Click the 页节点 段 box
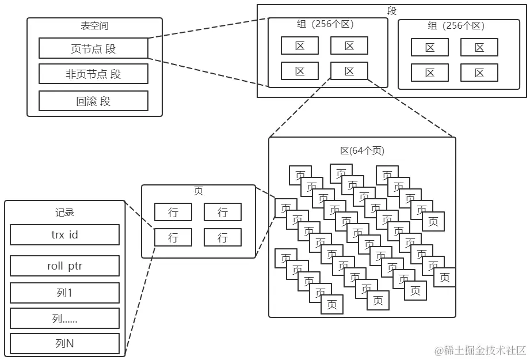(x=93, y=48)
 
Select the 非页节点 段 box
(x=93, y=74)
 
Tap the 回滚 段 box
(x=93, y=101)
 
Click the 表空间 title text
(x=94, y=26)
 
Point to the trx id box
(x=64, y=234)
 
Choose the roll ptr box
(x=64, y=266)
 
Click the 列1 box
(x=64, y=293)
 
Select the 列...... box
(x=64, y=319)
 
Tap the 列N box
(x=64, y=344)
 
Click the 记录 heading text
(x=64, y=213)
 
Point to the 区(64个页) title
(x=362, y=151)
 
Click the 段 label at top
(x=392, y=11)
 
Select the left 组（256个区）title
(x=325, y=25)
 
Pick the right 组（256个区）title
(x=456, y=26)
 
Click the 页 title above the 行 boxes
(x=198, y=192)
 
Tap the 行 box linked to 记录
(x=173, y=237)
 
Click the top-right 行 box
(x=223, y=212)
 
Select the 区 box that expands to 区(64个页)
(x=349, y=71)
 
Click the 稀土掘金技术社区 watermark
(x=481, y=350)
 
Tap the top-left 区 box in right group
(x=430, y=48)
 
